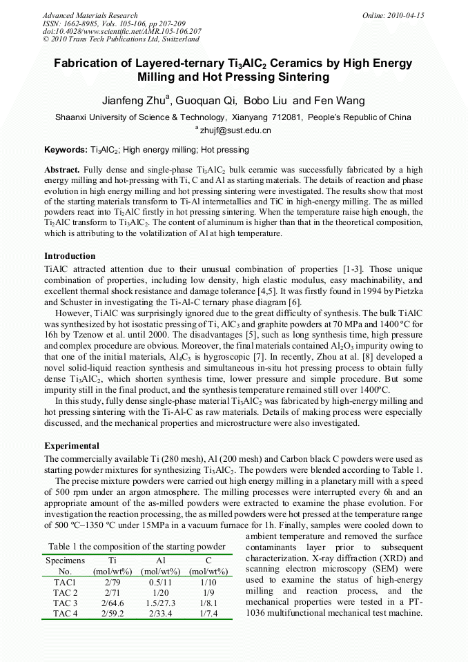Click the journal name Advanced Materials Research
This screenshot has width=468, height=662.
(90, 15)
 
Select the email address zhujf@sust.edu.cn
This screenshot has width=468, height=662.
(236, 130)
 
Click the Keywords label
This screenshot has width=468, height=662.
(66, 149)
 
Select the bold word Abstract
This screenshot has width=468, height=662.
(62, 170)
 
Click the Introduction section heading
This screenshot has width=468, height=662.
(70, 256)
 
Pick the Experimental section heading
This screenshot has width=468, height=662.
(72, 446)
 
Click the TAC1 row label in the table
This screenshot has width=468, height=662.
(65, 583)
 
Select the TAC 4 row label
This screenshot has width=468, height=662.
(66, 613)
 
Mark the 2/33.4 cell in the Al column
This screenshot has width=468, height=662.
(161, 613)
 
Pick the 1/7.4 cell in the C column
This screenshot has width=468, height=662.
(208, 613)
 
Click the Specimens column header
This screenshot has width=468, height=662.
(66, 561)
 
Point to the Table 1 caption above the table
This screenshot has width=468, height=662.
(137, 547)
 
